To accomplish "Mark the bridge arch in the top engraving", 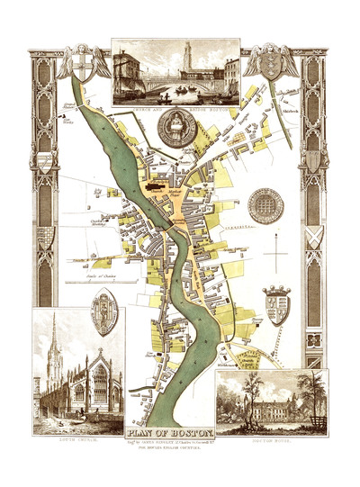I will click(181, 86).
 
